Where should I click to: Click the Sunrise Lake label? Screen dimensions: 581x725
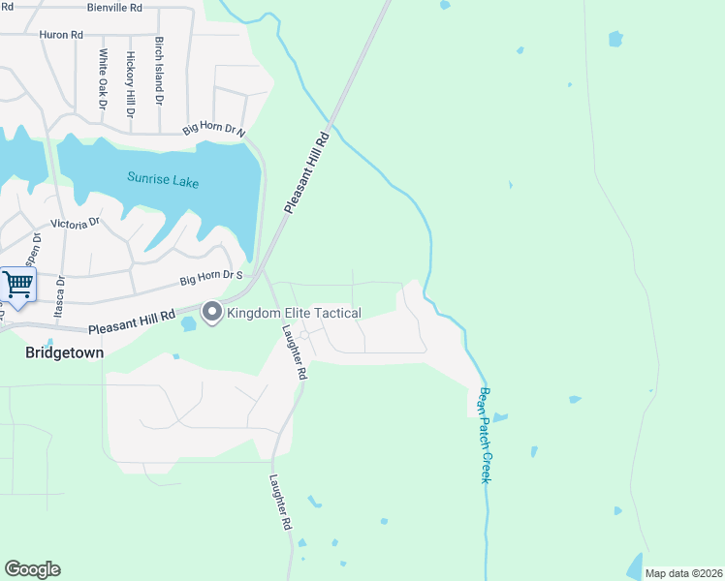(x=163, y=179)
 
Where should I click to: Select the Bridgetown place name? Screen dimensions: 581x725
(x=64, y=353)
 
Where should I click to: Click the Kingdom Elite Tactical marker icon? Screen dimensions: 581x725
(x=211, y=312)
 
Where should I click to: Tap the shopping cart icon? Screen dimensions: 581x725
(x=18, y=285)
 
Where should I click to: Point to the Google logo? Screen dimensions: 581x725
(x=32, y=569)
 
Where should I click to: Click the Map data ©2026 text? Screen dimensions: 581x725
(x=683, y=573)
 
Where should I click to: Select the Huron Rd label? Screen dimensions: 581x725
(x=61, y=35)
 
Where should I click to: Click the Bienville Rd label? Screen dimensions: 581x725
(x=114, y=7)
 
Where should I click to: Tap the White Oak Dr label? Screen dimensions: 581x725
(x=102, y=79)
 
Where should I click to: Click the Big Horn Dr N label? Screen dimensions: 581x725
(x=214, y=129)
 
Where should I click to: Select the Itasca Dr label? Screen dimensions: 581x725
(x=60, y=295)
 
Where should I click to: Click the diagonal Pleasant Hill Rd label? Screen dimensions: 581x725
(x=308, y=173)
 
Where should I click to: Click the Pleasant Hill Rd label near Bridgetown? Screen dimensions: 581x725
(x=132, y=323)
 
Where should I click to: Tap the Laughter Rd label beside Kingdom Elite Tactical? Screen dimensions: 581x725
(x=295, y=352)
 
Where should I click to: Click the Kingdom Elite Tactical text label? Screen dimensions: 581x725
(x=294, y=313)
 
